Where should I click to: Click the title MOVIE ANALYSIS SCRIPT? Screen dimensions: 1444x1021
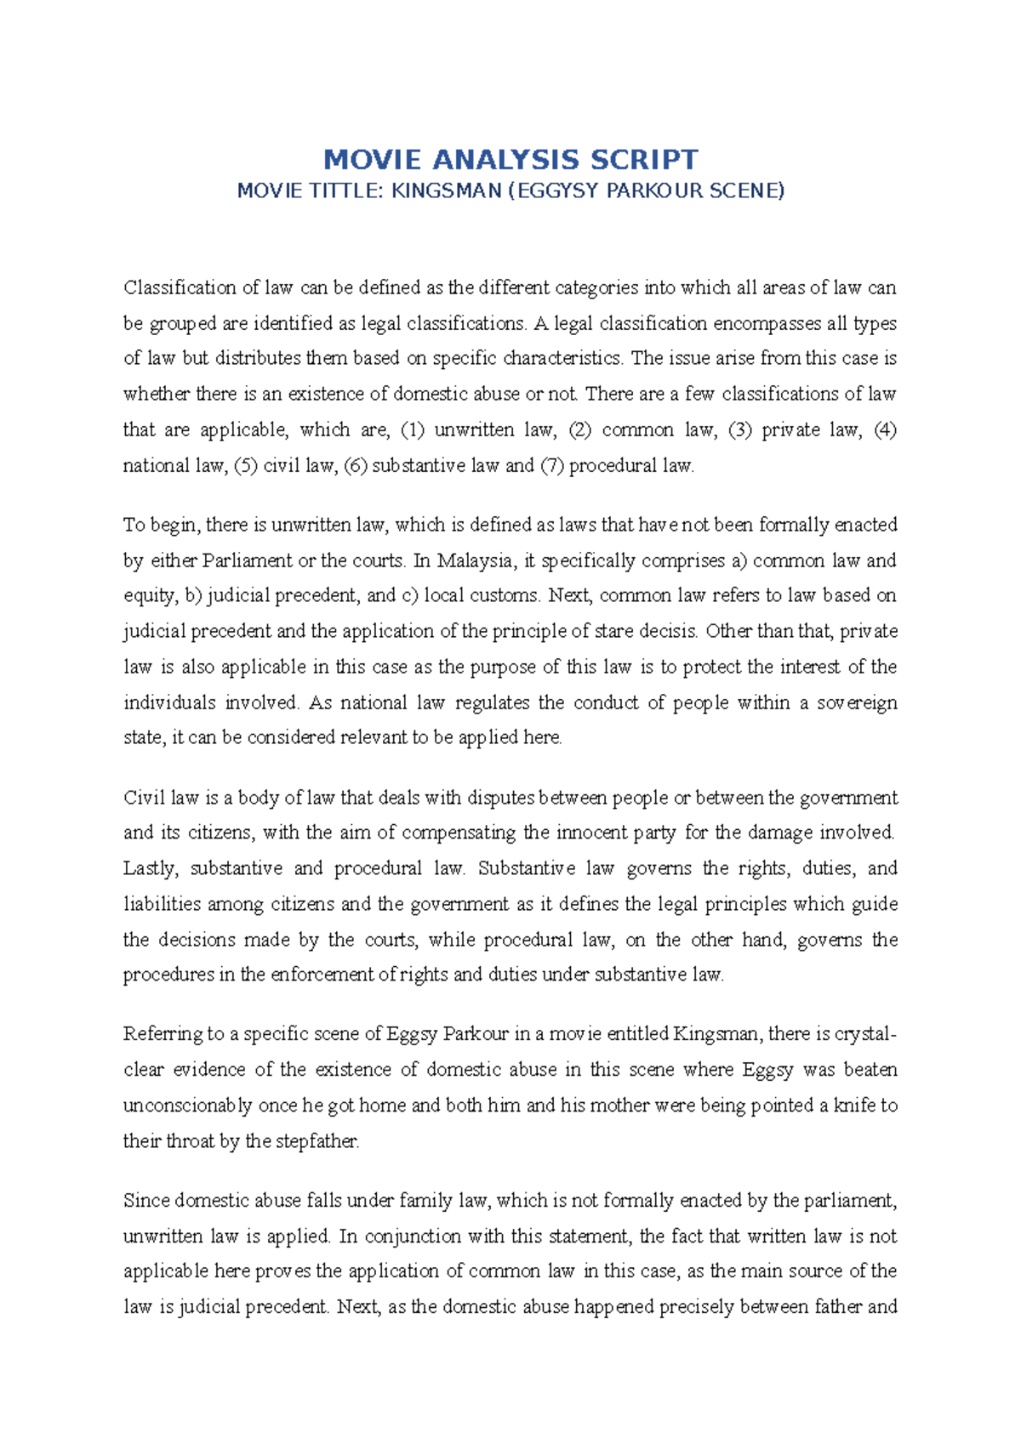[x=510, y=159]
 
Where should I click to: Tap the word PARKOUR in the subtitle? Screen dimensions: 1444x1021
[x=651, y=190]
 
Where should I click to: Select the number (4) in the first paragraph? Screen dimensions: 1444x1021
[x=886, y=430]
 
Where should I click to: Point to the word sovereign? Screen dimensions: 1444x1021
[x=857, y=703]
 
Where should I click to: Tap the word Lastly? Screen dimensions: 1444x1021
[x=151, y=869]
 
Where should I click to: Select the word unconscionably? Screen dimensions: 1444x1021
[x=187, y=1106]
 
